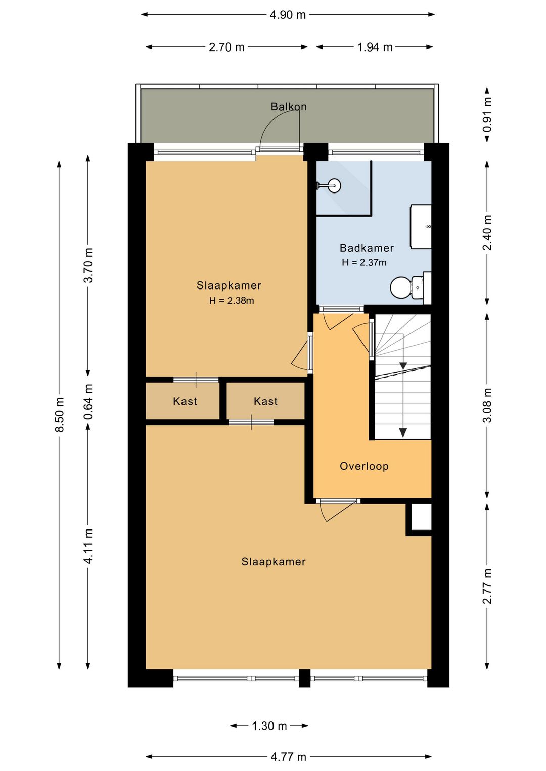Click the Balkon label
point(288,107)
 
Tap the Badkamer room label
point(367,248)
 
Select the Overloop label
point(364,466)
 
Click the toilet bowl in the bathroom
point(400,287)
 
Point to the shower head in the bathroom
point(334,186)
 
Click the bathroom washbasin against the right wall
point(421,226)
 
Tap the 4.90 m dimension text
point(288,15)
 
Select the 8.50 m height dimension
point(60,414)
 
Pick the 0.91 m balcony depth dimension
point(487,115)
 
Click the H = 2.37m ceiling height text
point(364,263)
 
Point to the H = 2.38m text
point(232,301)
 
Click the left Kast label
point(185,401)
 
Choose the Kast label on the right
point(265,401)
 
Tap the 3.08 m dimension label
point(487,405)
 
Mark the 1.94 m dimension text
point(375,47)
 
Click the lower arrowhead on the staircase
point(402,432)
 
